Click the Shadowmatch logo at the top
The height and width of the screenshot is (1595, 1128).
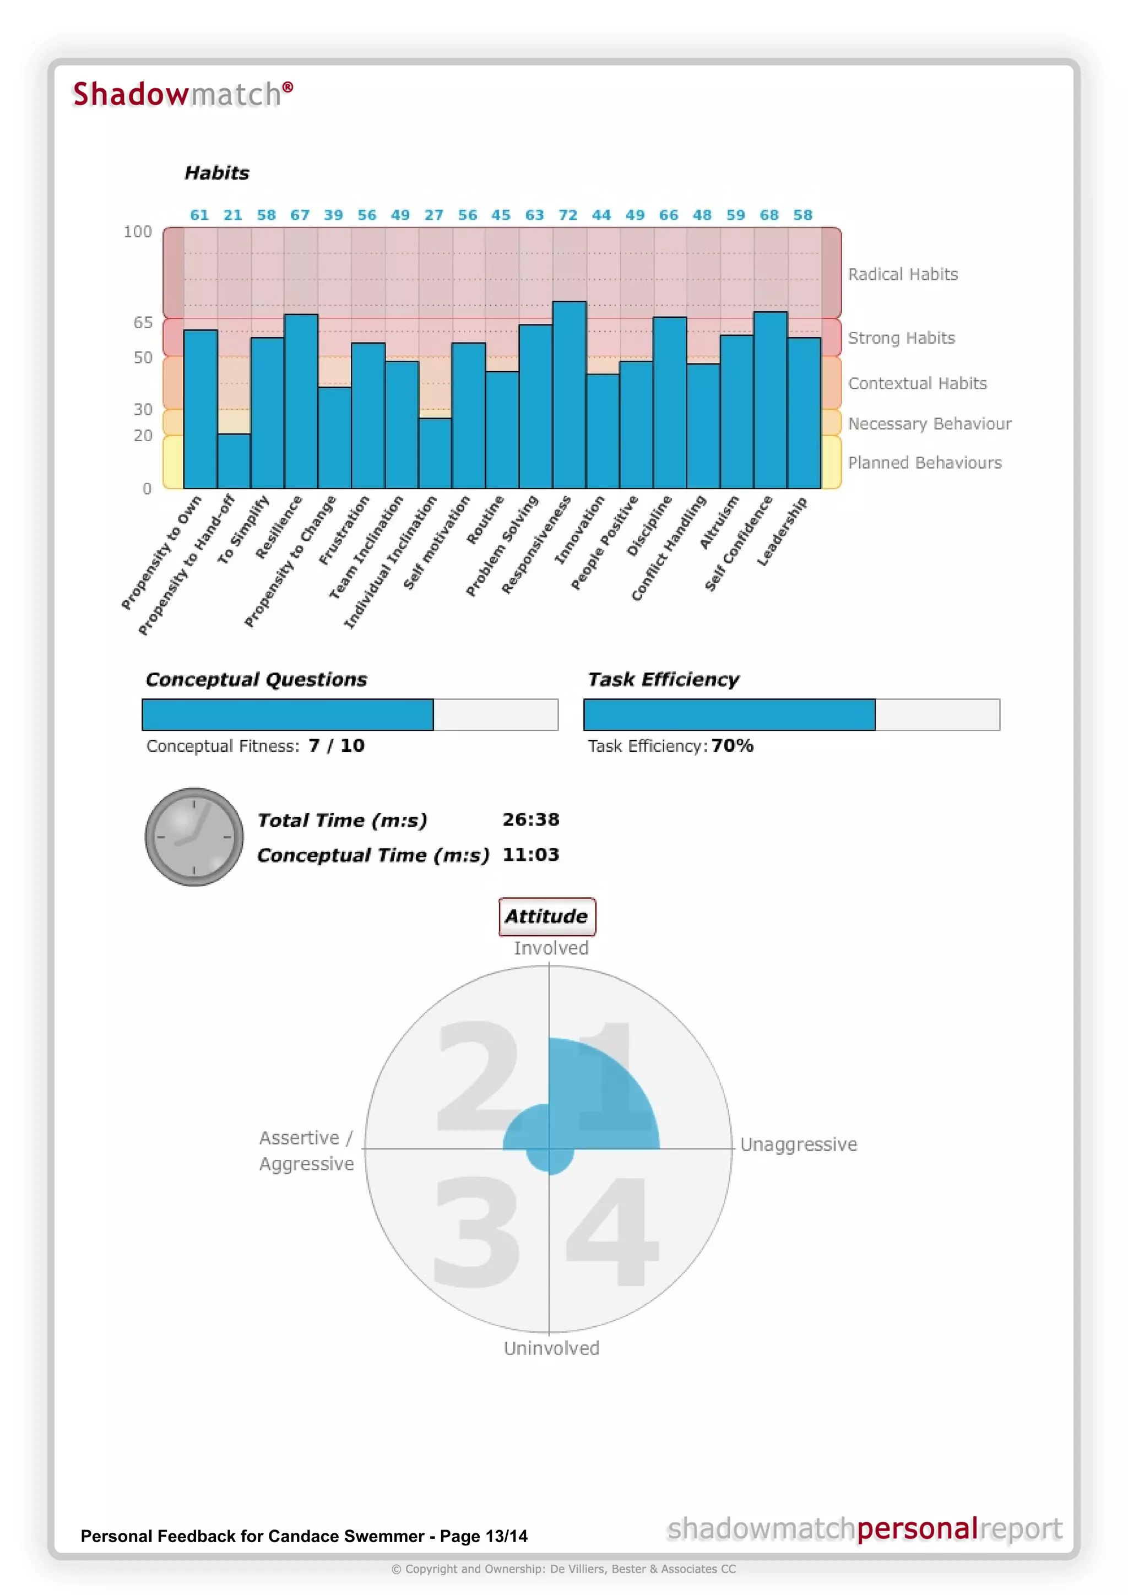click(183, 95)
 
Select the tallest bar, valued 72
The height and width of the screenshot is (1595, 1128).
click(569, 394)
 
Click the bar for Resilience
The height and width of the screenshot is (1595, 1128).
click(301, 401)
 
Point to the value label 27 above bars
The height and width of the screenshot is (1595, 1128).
click(433, 215)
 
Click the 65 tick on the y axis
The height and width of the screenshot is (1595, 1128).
click(143, 322)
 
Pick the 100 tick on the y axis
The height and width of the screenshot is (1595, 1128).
click(138, 231)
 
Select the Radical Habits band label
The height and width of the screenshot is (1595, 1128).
click(902, 274)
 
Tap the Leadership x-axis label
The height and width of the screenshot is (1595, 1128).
click(782, 531)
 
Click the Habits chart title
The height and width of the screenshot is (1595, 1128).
click(216, 173)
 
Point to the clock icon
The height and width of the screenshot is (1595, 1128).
click(194, 837)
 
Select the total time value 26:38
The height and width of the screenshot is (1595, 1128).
click(530, 820)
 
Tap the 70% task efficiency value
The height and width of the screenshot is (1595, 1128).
click(732, 745)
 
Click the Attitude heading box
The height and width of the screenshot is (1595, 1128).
click(546, 916)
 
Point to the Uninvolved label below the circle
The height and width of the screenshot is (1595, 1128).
click(551, 1348)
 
